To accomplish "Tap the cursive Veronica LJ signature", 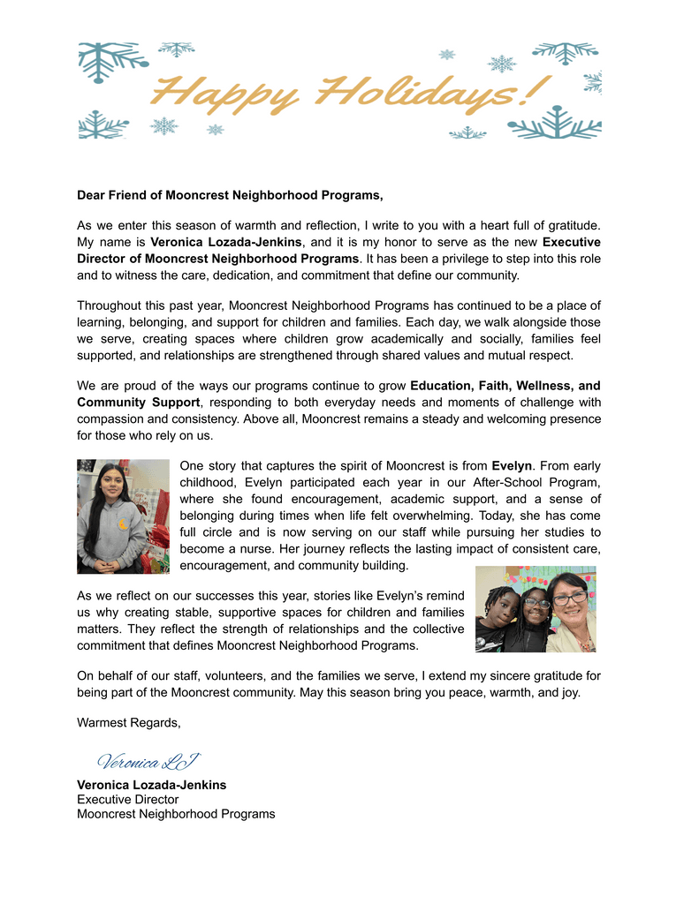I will point(148,761).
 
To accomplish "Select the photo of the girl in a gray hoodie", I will point(123,516).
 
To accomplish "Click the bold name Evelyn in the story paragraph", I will point(512,465).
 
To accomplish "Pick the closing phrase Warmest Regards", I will point(129,723).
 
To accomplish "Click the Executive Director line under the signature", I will point(128,799).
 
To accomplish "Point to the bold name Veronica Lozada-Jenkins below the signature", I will point(152,785).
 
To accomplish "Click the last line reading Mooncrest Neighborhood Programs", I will point(176,814).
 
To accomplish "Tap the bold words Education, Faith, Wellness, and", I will point(505,386).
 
